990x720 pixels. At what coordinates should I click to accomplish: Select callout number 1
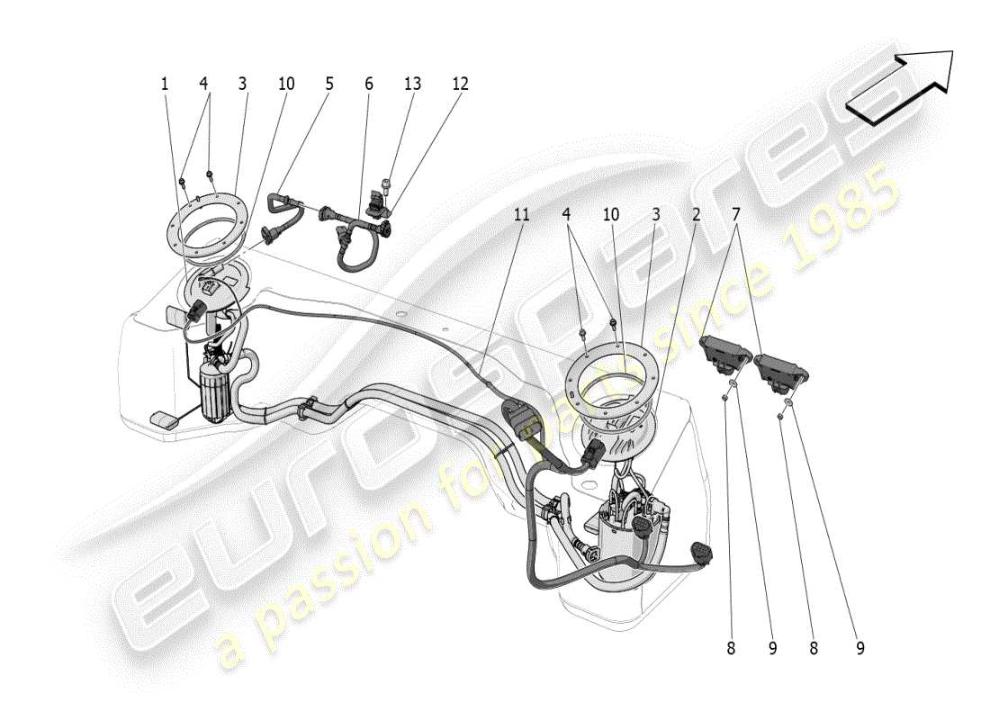click(165, 84)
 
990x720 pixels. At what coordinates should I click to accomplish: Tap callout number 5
click(328, 84)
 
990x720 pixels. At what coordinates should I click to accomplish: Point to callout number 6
click(368, 84)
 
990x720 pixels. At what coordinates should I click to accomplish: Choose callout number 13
click(412, 84)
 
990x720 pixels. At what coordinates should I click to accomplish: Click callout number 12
click(460, 84)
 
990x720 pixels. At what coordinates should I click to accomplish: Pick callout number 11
click(522, 215)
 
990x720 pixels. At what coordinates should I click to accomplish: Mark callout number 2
click(695, 215)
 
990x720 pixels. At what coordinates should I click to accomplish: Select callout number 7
click(736, 215)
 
